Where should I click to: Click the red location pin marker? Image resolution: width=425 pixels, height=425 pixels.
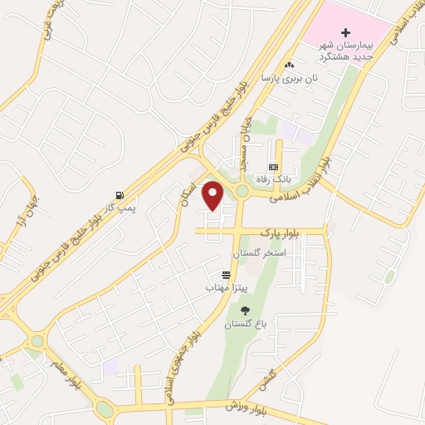coord(213,195)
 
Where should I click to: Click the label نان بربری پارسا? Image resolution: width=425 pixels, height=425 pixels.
coord(290,79)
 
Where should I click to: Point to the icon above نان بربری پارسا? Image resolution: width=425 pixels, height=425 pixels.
coord(289,66)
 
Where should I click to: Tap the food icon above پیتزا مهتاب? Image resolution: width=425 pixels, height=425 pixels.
coord(225,275)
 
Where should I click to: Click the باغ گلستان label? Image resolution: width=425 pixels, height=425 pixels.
coord(245,324)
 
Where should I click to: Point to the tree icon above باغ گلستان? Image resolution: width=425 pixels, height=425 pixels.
coord(245,310)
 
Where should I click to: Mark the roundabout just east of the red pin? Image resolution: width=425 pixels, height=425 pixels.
coord(242,193)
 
